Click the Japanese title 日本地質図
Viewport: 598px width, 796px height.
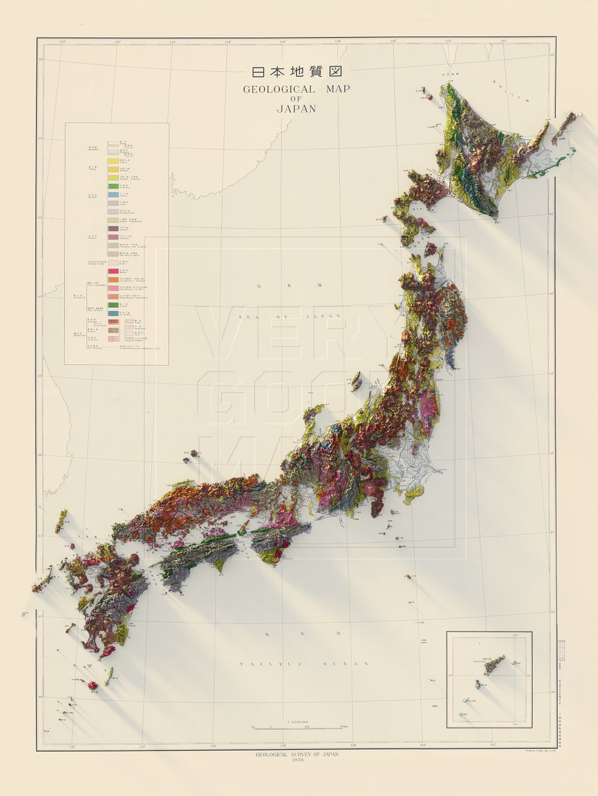[x=296, y=72]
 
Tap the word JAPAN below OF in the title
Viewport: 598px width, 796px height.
[x=297, y=109]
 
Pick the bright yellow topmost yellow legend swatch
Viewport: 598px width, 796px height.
[x=113, y=161]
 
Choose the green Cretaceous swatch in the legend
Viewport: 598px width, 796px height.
[x=113, y=186]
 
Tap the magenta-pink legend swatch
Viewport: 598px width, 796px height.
[x=113, y=271]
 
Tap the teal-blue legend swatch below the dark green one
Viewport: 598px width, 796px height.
[x=113, y=313]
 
